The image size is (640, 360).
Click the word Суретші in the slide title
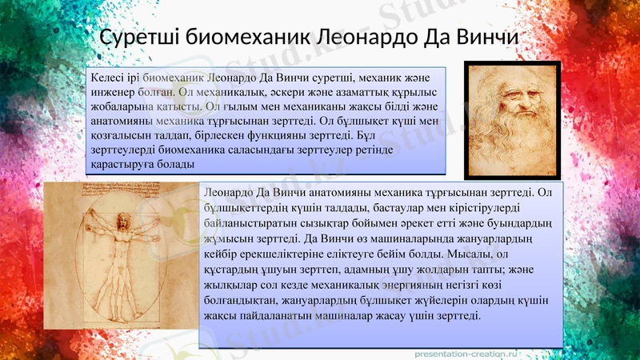coord(138,38)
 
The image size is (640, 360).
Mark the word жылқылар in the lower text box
coord(230,285)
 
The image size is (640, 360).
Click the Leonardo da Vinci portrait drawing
coord(512,120)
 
